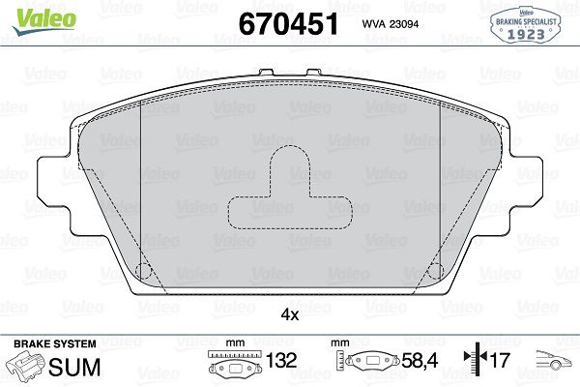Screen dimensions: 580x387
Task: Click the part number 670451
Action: coord(288,24)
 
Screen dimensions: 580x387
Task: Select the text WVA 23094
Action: coord(391,24)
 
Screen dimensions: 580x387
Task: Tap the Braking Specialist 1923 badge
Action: coord(526,24)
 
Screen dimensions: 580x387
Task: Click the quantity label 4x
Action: coord(290,314)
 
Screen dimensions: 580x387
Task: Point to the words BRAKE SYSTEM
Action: coord(55,344)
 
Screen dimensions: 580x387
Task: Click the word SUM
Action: coord(74,367)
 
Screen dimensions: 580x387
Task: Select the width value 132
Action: coord(281,360)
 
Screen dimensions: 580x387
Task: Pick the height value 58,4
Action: coord(420,360)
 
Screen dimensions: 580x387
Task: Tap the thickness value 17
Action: coord(500,360)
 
